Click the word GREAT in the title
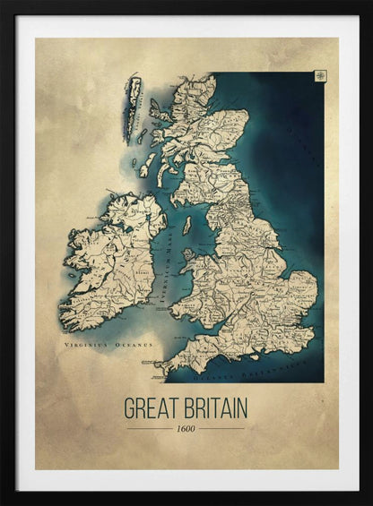[153, 408]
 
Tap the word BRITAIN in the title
[216, 408]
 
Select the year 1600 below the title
[186, 428]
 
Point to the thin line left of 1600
[149, 428]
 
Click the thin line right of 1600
[222, 428]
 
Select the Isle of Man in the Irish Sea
[187, 226]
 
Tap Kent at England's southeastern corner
[303, 336]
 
